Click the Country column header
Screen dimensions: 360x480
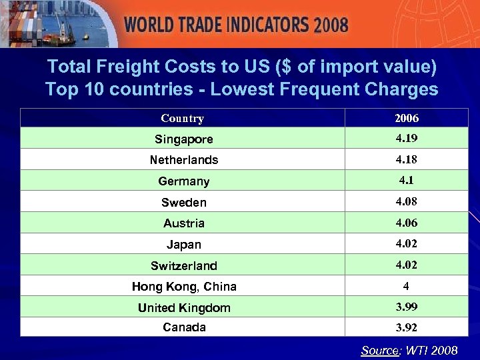(x=182, y=119)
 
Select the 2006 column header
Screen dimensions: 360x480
(x=407, y=119)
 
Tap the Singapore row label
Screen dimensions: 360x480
(x=184, y=139)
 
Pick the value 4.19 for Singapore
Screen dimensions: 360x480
(x=407, y=139)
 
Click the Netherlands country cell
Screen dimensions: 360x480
(x=184, y=160)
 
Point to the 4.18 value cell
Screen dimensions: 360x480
(x=407, y=159)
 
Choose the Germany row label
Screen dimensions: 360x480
(x=184, y=181)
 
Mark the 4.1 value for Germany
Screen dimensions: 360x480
(x=407, y=180)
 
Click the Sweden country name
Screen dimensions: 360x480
(x=184, y=202)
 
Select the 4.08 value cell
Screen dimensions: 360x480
(x=407, y=201)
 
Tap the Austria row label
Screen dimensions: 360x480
(x=184, y=223)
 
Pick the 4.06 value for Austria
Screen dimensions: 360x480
(x=407, y=223)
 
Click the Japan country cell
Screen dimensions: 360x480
(x=184, y=245)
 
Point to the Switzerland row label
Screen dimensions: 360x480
(x=184, y=266)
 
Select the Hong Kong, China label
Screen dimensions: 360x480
(x=184, y=287)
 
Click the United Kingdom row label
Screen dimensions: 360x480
(x=184, y=308)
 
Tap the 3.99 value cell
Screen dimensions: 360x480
(x=407, y=307)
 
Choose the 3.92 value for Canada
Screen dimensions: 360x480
(x=407, y=328)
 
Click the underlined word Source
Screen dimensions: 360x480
(x=379, y=350)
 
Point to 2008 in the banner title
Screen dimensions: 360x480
(x=331, y=25)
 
